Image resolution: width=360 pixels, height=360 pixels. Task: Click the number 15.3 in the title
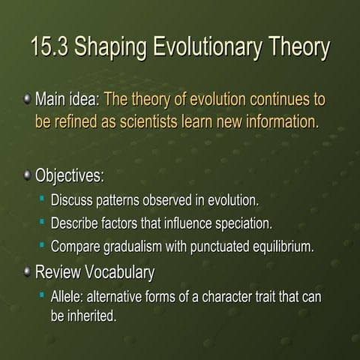click(49, 47)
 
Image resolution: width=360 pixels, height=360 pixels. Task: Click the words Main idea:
click(67, 100)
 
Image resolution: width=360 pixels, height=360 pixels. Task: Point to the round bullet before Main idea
click(27, 99)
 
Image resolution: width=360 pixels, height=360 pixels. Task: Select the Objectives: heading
click(70, 177)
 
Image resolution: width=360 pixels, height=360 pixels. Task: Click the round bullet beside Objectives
click(27, 176)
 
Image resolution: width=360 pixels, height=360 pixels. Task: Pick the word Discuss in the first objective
click(72, 200)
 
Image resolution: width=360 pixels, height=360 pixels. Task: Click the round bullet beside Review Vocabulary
click(27, 271)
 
